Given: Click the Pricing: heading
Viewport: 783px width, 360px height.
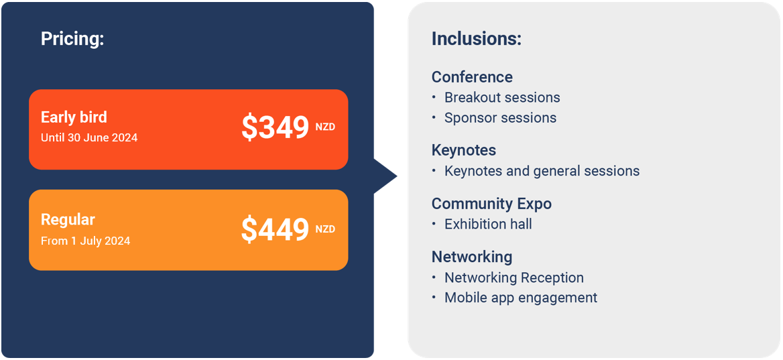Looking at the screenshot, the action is [72, 39].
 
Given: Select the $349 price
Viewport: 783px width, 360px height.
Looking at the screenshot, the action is [275, 127].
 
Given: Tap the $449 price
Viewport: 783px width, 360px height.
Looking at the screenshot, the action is [275, 230].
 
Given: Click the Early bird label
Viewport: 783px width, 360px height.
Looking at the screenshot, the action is [74, 117].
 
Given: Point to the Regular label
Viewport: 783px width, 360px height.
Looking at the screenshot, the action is [68, 220].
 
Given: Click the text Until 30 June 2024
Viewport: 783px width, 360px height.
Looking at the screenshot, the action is [89, 137].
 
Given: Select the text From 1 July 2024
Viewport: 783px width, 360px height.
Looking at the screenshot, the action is [85, 241].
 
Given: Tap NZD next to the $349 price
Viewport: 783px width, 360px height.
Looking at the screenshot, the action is [325, 127].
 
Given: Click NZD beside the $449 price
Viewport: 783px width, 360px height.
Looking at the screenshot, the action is [325, 229].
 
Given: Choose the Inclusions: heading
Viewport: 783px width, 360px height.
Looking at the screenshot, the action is [477, 39].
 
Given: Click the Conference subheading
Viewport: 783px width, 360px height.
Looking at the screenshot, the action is [472, 77].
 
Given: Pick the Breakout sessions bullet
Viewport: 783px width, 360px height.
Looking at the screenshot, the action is [502, 97].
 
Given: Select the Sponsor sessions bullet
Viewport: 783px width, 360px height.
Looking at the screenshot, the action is [500, 118].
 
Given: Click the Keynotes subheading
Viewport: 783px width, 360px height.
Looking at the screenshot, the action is [464, 150].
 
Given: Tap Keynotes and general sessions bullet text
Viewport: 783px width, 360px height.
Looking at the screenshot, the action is [542, 171].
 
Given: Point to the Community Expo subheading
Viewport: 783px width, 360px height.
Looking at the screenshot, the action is [491, 204].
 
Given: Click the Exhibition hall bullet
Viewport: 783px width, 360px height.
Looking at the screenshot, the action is [488, 224].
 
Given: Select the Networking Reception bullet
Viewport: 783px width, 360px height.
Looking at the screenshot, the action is [514, 278].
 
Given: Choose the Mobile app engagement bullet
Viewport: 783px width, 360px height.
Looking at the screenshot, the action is [521, 298].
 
